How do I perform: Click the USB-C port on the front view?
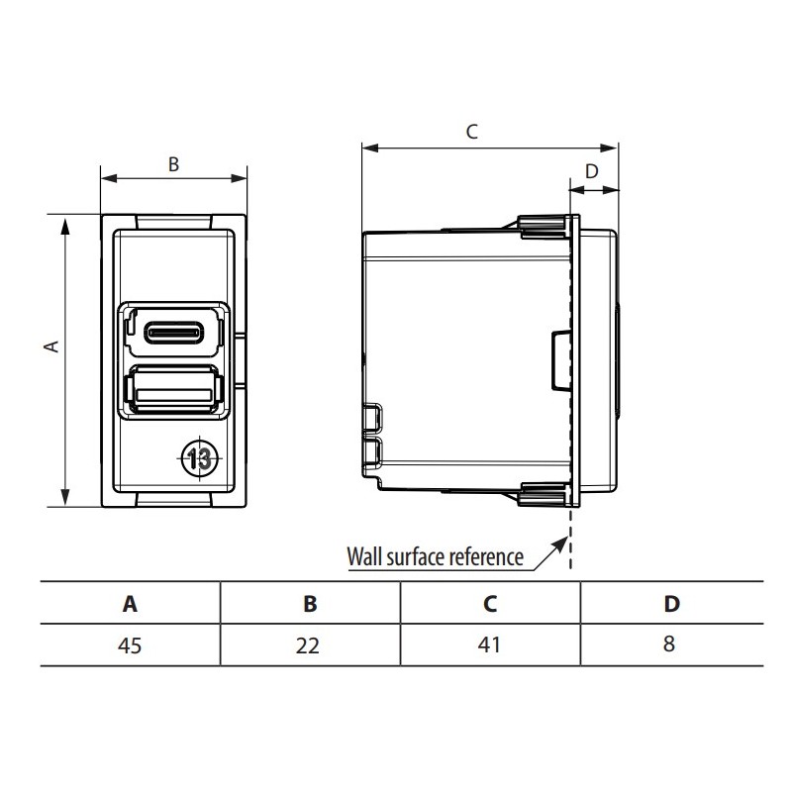(174, 332)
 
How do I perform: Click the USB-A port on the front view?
(174, 390)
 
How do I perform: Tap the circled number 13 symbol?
(198, 457)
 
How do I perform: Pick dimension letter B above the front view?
(172, 165)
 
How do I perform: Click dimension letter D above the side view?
(592, 170)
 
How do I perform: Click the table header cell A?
(130, 603)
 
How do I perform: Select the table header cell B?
(309, 603)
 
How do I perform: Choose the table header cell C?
(489, 603)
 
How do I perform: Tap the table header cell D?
(670, 603)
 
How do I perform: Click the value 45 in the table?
(130, 645)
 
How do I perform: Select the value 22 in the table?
(309, 645)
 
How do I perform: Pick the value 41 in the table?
(489, 645)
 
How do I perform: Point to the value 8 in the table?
(670, 645)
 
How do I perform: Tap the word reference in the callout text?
(486, 556)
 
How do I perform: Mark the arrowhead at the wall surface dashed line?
(563, 542)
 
